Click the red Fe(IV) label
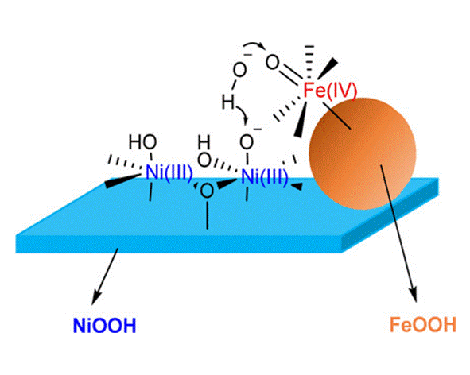point(330,91)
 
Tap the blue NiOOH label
point(105,325)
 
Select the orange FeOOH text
point(422,324)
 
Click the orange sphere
point(363,153)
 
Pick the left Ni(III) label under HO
point(169,173)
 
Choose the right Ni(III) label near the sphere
point(264,176)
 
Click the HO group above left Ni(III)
point(142,141)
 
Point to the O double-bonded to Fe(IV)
point(273,64)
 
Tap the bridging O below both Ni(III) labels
point(207,191)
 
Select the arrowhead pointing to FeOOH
point(414,296)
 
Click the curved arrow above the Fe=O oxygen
point(254,45)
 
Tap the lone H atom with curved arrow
point(227,102)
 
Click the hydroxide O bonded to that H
point(239,71)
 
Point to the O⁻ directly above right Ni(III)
point(247,142)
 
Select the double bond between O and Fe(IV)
point(291,75)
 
